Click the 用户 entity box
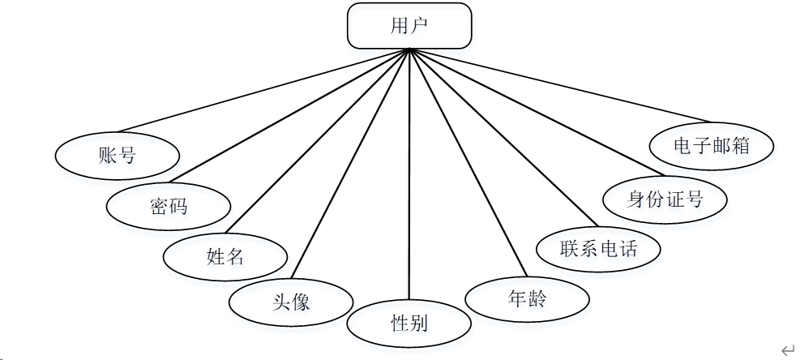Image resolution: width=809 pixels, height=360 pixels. pos(409,25)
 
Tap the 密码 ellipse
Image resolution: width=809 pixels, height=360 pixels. pos(169,206)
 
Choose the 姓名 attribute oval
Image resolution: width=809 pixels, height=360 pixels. pos(225,257)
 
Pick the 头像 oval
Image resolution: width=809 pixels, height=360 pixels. pos(291,303)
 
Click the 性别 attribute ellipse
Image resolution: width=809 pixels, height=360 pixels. pos(409,324)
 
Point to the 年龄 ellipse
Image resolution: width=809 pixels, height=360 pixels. pos(527,298)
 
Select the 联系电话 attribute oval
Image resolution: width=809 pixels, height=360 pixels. pos(598,247)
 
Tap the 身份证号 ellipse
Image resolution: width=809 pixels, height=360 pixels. pos(666,198)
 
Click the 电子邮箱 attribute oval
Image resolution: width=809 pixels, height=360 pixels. pos(713,146)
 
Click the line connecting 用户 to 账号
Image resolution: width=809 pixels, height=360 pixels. pos(264,89)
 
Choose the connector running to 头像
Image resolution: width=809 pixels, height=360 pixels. pos(353,161)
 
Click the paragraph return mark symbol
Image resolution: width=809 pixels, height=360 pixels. pos(787,349)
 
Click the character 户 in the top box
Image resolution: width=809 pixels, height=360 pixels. pos(420,25)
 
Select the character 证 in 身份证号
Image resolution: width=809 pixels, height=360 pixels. pos(675,198)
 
